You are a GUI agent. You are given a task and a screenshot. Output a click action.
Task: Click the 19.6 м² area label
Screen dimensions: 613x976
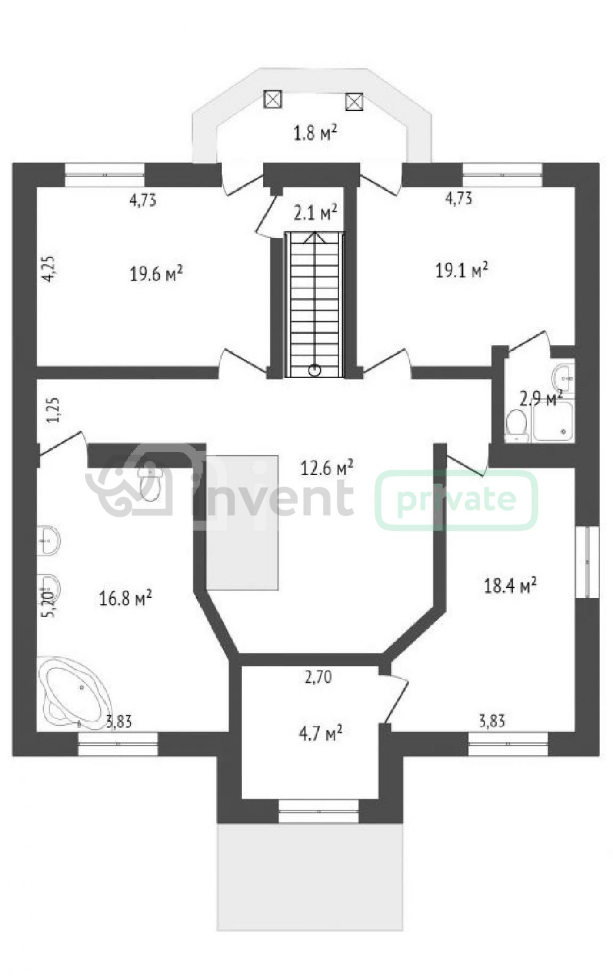coord(156,274)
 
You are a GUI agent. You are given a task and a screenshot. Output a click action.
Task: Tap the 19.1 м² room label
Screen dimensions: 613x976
coord(461,270)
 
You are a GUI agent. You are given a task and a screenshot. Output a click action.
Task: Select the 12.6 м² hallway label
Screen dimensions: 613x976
coord(327,468)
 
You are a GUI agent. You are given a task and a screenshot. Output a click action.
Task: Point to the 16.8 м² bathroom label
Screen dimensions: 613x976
coord(126,598)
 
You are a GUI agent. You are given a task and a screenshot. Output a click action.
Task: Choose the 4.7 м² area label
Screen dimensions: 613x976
coord(320,734)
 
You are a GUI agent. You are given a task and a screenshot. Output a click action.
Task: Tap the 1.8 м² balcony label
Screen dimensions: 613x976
coord(315,133)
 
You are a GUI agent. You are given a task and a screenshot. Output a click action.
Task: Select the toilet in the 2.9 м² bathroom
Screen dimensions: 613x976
coord(516,426)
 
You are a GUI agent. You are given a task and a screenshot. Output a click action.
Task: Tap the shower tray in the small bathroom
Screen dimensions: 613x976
coord(554,421)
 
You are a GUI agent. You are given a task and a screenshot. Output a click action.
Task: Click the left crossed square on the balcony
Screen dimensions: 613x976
coord(273,98)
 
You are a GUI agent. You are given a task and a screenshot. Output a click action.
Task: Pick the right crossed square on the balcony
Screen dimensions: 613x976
coord(354,102)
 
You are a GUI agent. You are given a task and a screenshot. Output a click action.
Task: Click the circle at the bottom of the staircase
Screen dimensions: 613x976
coord(315,370)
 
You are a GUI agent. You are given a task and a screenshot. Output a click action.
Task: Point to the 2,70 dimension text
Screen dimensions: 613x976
coord(318,677)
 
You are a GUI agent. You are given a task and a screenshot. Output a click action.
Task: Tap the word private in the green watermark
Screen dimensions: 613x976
coord(456,500)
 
